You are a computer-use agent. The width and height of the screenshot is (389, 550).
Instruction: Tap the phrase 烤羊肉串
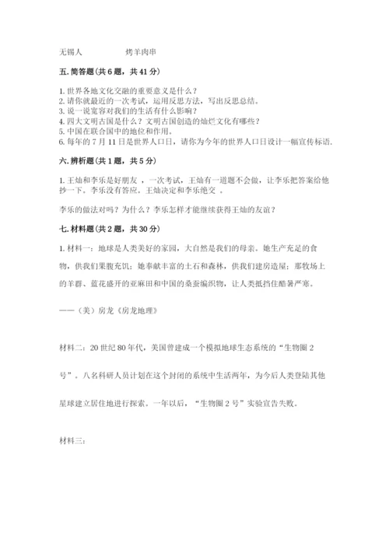(144, 53)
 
